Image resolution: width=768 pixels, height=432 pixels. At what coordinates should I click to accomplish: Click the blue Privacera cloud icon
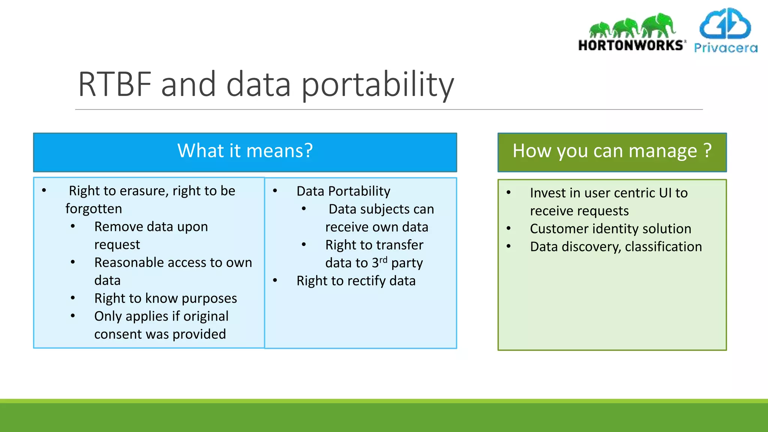[725, 24]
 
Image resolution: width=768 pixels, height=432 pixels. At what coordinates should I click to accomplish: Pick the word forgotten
[94, 208]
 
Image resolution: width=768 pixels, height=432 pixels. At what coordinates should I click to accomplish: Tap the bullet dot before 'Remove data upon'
[73, 226]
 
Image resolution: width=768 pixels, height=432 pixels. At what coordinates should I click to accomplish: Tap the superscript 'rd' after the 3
[383, 259]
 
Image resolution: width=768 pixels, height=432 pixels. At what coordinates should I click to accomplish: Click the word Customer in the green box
[559, 229]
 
